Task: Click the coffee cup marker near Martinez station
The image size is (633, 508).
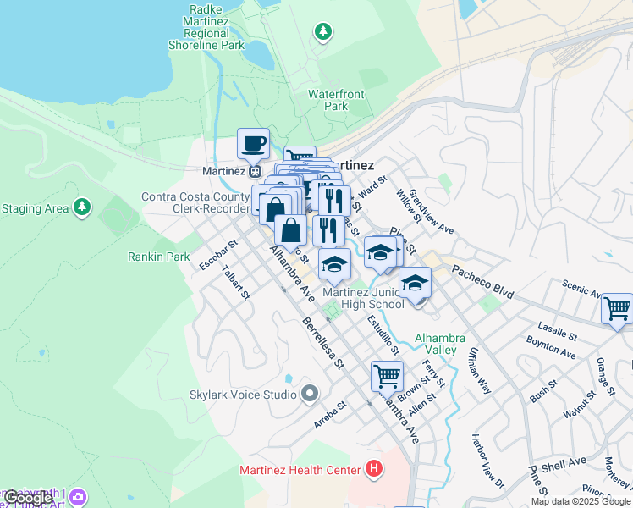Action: point(253,144)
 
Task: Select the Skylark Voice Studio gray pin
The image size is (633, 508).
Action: point(309,393)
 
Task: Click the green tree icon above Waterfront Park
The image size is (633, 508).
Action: point(322,32)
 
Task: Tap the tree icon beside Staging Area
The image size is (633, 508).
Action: point(81,207)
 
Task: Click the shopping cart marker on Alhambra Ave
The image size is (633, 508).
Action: point(387,375)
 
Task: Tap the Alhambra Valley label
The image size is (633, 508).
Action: point(440,344)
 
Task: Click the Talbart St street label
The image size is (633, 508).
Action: point(234,284)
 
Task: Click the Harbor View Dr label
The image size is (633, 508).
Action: point(487,461)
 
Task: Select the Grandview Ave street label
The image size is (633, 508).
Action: point(432,211)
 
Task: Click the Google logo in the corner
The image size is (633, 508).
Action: point(27,498)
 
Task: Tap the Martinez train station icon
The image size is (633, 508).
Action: point(254,170)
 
